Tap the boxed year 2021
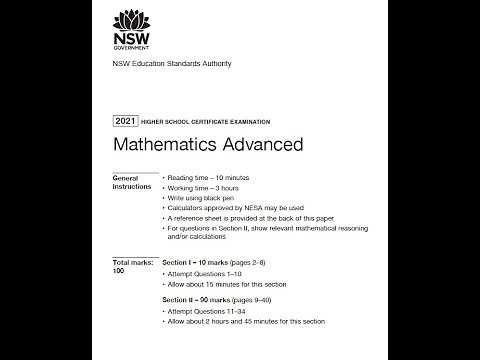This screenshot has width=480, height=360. (x=126, y=121)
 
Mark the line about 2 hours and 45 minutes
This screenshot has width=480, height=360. (x=255, y=321)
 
